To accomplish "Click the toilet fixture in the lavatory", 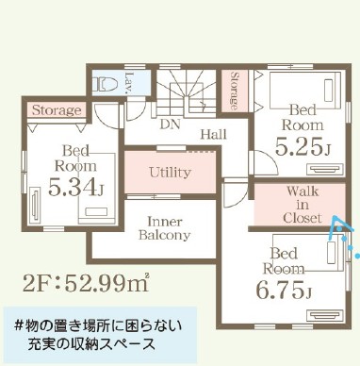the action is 105,83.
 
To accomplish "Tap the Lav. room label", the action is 129,83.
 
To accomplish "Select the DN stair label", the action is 170,125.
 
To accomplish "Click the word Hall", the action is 214,135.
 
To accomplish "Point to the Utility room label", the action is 170,173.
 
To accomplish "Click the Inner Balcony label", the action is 165,228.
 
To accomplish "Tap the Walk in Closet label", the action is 303,205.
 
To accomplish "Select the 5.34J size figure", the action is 75,188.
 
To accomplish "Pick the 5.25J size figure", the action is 303,147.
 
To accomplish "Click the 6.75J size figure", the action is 284,290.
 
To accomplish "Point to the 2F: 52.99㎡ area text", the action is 86,283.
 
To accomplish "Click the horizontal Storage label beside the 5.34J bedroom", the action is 57,110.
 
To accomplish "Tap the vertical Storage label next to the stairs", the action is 234,91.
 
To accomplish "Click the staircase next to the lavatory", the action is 187,93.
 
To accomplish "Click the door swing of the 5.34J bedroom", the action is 106,115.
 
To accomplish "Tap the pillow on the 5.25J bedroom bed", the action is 329,91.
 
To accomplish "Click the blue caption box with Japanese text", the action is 100,335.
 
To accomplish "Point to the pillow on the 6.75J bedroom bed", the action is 332,253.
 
